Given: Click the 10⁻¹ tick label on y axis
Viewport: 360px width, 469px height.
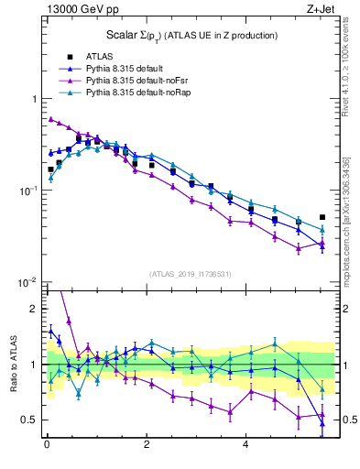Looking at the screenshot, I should pyautogui.click(x=27, y=191).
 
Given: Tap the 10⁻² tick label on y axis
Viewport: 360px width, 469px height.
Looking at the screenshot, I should pyautogui.click(x=27, y=283).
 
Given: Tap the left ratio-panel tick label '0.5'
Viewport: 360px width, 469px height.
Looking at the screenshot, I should pyautogui.click(x=29, y=420).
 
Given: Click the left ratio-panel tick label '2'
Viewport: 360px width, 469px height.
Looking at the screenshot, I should pyautogui.click(x=34, y=309).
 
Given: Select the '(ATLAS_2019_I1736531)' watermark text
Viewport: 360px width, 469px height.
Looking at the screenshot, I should pyautogui.click(x=191, y=274).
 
